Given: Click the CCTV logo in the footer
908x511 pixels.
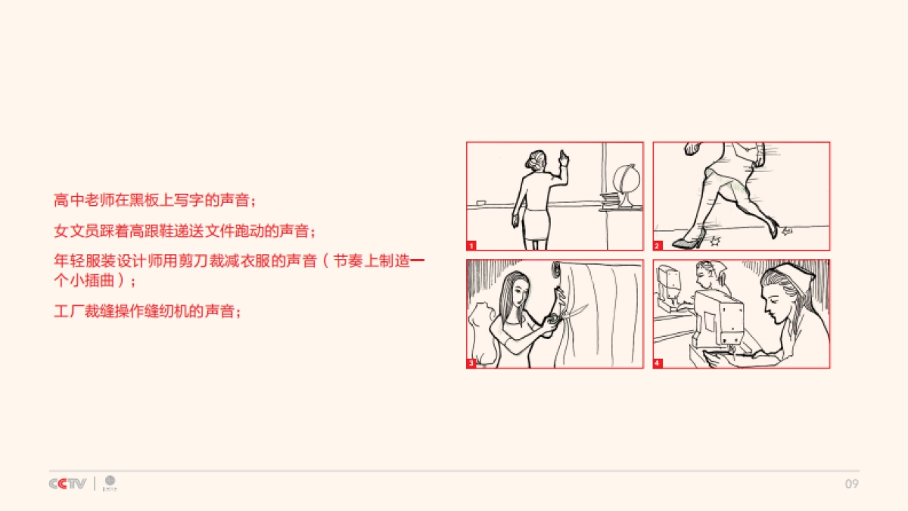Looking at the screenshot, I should pos(67,484).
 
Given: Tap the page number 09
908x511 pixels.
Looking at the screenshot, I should pos(851,484).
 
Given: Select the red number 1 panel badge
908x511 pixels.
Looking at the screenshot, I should pos(471,245).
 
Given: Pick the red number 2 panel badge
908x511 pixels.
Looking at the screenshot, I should pos(658,245).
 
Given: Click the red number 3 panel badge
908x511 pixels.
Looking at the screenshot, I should pos(471,363).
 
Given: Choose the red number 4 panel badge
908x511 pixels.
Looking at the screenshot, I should pos(658,363).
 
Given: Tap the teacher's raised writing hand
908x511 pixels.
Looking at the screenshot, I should pos(563,158).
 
